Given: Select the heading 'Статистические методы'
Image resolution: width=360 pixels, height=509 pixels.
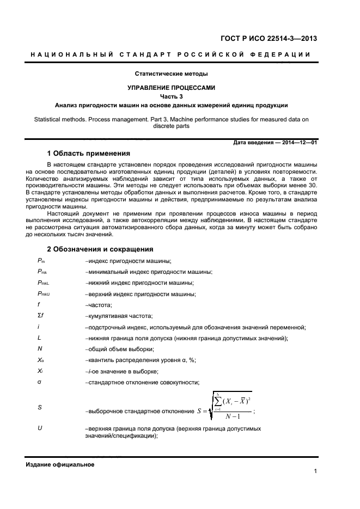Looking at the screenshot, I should (172, 73).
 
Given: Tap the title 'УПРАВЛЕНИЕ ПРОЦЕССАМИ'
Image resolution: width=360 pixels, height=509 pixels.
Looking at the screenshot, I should (172, 87).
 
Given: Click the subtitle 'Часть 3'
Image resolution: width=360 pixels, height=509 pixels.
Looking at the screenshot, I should (172, 96).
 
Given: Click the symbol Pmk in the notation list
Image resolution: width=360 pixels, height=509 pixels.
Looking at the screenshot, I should (42, 272).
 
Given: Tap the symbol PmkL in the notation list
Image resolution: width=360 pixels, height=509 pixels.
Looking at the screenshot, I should (43, 283).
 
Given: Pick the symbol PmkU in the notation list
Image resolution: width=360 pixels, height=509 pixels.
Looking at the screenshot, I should (43, 294).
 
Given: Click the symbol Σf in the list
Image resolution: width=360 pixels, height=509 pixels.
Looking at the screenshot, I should (40, 316).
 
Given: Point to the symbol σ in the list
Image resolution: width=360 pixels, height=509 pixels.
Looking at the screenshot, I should (39, 382).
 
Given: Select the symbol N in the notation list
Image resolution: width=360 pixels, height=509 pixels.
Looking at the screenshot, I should (39, 349).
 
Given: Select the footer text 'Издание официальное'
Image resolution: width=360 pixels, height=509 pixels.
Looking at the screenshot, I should (60, 464).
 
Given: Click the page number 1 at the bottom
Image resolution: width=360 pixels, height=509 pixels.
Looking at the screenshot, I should (315, 471).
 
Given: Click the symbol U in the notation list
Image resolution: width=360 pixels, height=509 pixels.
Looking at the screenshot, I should (40, 428).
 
